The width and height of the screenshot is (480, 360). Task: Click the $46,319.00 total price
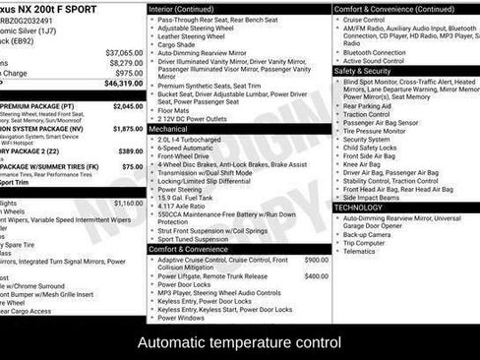(123, 85)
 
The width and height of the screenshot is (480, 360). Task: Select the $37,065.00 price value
(124, 52)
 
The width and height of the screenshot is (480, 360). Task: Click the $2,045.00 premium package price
(128, 106)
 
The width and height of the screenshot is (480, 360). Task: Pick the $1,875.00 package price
(128, 129)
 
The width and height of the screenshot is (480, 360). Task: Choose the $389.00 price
(131, 151)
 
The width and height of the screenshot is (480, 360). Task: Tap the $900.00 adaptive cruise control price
(317, 260)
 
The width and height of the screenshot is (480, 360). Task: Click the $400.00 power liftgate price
(317, 276)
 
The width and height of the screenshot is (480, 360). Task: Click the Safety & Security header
(362, 71)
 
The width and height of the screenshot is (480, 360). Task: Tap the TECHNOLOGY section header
(358, 208)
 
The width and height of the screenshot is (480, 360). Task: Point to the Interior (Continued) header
(182, 8)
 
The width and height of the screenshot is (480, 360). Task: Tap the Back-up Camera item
(367, 234)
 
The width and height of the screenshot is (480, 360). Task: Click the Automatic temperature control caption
(239, 343)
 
